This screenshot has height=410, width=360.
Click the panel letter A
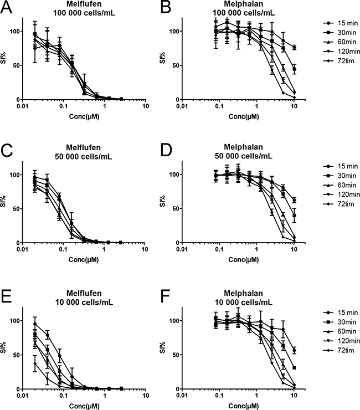tap(6, 6)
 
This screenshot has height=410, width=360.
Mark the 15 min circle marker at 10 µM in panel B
tap(294, 48)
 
